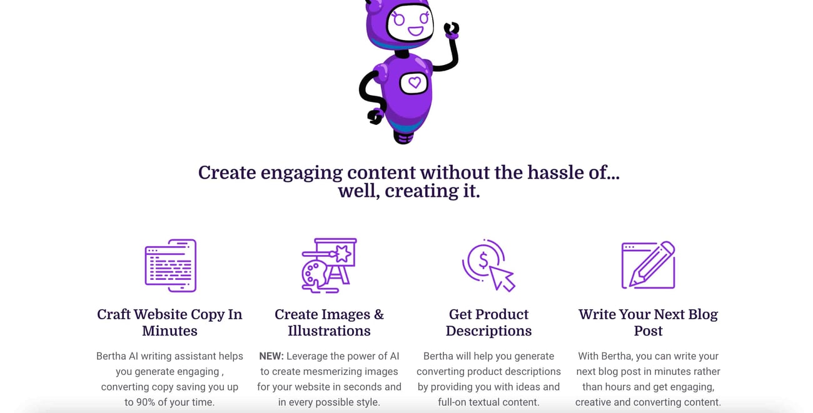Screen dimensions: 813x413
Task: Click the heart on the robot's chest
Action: [x=415, y=83]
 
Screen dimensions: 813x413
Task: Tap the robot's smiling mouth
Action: [x=416, y=31]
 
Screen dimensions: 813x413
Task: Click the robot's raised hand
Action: [x=452, y=30]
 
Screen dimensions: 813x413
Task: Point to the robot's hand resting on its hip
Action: [x=375, y=116]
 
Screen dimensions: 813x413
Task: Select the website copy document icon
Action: [x=171, y=266]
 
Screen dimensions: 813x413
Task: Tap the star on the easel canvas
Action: [x=343, y=253]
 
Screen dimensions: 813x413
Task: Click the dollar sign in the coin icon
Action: [x=483, y=260]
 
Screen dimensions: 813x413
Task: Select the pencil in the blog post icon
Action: [x=652, y=264]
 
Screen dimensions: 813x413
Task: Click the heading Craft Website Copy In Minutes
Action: [x=169, y=322]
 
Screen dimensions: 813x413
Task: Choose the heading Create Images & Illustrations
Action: [x=329, y=322]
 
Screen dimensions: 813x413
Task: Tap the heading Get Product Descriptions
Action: [x=488, y=322]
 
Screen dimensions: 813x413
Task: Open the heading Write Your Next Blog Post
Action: [x=649, y=322]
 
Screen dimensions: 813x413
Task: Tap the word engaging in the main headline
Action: [x=301, y=173]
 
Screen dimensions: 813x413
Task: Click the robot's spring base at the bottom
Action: [x=403, y=137]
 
